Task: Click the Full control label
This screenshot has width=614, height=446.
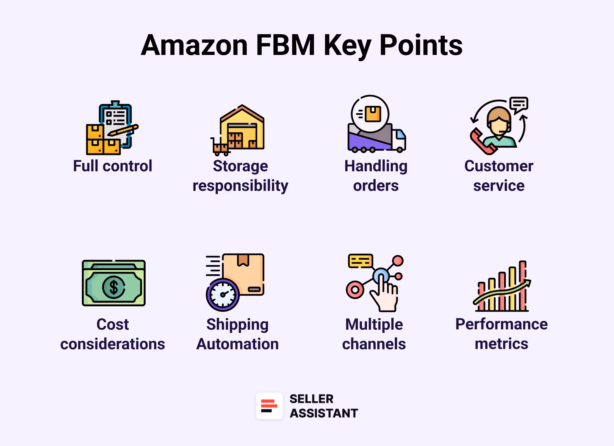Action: coord(113,166)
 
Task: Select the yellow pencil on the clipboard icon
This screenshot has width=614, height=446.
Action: coord(123,131)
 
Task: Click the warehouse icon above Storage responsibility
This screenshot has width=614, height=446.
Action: coord(242,129)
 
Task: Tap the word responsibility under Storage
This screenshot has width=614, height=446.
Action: coord(240,186)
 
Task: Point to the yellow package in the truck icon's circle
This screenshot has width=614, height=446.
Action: coord(373,114)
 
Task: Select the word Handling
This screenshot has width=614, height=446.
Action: coord(376,166)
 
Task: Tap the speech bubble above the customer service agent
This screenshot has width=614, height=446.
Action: coord(519,104)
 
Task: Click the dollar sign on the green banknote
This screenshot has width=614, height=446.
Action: coord(113,287)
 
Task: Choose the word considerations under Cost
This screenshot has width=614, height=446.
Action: coord(113,344)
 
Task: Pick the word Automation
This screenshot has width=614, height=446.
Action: coord(237,344)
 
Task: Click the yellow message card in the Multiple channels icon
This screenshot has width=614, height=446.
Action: coord(360,261)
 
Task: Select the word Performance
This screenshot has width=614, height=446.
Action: coord(501,324)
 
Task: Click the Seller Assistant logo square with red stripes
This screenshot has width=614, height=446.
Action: coord(269,406)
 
